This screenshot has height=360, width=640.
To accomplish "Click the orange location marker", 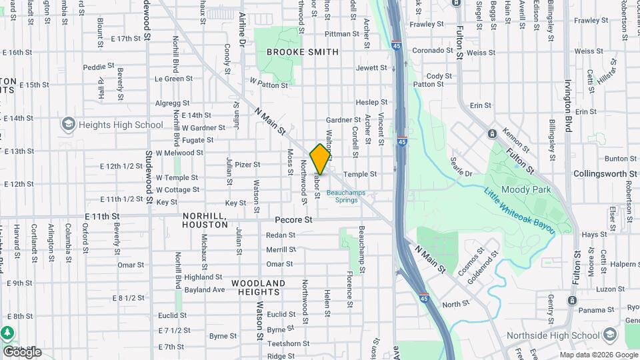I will click(321, 159).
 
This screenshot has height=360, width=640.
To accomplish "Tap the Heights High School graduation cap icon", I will click(68, 125).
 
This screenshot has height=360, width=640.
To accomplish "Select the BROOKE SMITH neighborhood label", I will click(303, 52).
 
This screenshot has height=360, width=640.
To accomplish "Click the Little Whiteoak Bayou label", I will click(519, 210).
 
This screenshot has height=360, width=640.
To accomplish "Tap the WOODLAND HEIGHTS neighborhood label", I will click(259, 287).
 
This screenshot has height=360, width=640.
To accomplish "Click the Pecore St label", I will click(293, 219).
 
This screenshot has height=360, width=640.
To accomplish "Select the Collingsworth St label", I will click(605, 173).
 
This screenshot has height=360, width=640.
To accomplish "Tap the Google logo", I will click(22, 351).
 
